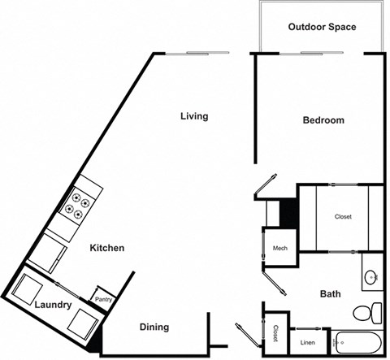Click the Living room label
pyautogui.click(x=194, y=116)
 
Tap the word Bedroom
pyautogui.click(x=323, y=120)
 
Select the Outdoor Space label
pyautogui.click(x=322, y=28)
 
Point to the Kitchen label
pyautogui.click(x=106, y=248)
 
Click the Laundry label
pyautogui.click(x=54, y=306)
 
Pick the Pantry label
pyautogui.click(x=102, y=299)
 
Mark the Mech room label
pyautogui.click(x=280, y=249)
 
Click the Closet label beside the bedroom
pyautogui.click(x=343, y=217)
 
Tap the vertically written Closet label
pyautogui.click(x=276, y=333)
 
